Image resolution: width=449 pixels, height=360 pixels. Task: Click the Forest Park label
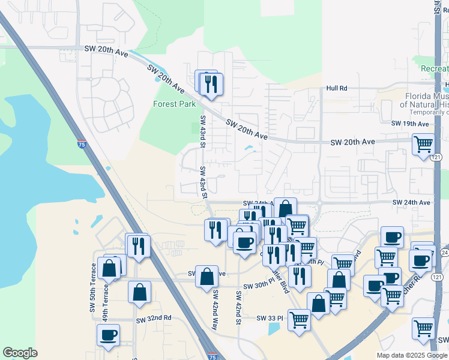(175, 104)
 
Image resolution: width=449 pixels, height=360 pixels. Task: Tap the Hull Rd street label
(337, 88)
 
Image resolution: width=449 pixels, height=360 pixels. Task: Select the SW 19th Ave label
(410, 124)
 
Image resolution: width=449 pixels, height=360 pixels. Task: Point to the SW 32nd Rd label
(154, 318)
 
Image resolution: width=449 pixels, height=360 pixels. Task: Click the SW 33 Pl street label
(269, 317)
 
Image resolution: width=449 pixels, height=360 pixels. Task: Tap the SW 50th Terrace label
(94, 281)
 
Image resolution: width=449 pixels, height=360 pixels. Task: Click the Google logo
(20, 353)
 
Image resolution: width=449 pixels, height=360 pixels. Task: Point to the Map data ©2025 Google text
(412, 355)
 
